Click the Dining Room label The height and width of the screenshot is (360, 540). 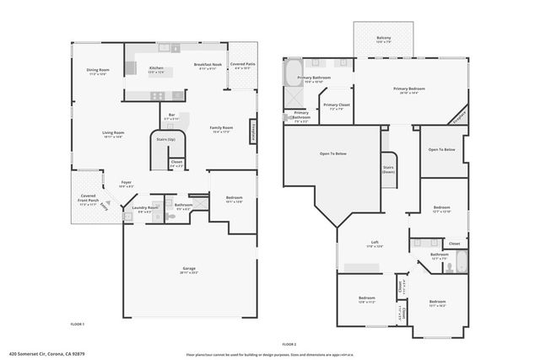[x=98, y=70]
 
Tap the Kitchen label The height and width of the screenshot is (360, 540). [x=156, y=68]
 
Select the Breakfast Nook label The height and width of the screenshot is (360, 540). [x=208, y=65]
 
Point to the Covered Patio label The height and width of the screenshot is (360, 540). [x=243, y=64]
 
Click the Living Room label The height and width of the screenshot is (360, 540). [x=113, y=132]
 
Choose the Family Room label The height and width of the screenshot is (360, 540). [x=222, y=127]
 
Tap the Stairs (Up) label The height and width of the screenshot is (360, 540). [x=166, y=139]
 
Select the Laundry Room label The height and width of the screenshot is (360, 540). [x=145, y=207]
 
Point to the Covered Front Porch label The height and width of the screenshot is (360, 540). [x=89, y=199]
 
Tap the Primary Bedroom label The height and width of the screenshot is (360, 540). [x=409, y=89]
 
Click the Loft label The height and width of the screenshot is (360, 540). [x=375, y=242]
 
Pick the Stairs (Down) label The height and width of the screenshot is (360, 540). [x=389, y=169]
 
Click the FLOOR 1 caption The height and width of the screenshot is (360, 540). [x=77, y=324]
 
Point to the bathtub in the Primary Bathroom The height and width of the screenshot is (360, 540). [x=292, y=74]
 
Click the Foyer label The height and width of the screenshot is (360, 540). [x=126, y=181]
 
